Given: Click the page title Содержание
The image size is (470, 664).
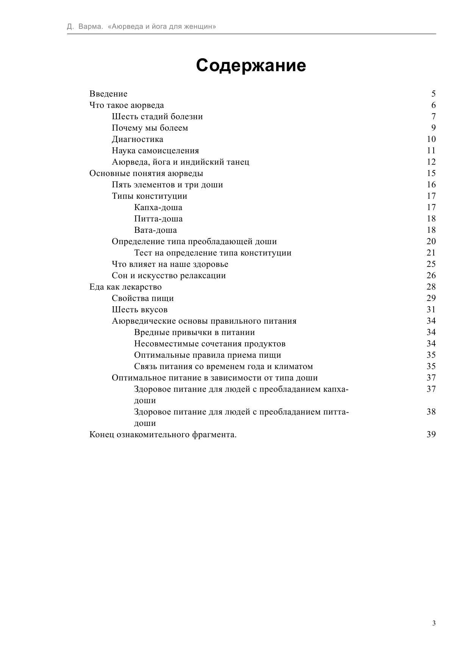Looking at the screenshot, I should [x=251, y=65].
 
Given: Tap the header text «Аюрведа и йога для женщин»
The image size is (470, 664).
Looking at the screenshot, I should [x=162, y=27].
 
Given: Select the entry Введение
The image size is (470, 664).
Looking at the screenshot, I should [x=108, y=94].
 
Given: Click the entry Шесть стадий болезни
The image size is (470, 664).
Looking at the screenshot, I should [x=157, y=117].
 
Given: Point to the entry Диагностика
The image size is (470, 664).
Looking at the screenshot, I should [x=137, y=139].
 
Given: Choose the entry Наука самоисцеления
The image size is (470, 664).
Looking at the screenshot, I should [x=155, y=151].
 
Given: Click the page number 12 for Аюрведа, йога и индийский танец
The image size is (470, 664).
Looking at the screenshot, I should [x=431, y=162].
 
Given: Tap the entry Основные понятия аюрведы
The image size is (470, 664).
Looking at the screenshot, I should [x=146, y=173].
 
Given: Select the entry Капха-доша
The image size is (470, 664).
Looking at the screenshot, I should [x=158, y=207].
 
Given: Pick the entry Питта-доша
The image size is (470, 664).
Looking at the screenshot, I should [x=158, y=219].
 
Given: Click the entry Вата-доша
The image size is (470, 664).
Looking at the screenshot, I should [x=155, y=230].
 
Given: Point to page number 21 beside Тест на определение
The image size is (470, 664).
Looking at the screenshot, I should [x=431, y=253].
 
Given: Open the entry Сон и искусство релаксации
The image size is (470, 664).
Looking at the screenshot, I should [x=169, y=276].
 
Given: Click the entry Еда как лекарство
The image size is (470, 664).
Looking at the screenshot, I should [x=125, y=287].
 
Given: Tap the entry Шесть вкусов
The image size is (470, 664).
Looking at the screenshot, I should [x=139, y=310].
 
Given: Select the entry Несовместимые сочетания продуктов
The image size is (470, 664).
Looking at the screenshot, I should [x=210, y=344].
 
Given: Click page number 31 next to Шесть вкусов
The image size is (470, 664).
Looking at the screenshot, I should [x=431, y=310].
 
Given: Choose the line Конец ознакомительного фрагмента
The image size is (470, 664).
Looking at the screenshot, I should [x=163, y=435].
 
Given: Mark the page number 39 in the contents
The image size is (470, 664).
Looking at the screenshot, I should [x=431, y=435].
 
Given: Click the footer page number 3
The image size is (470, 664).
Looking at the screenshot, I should [x=434, y=623].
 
